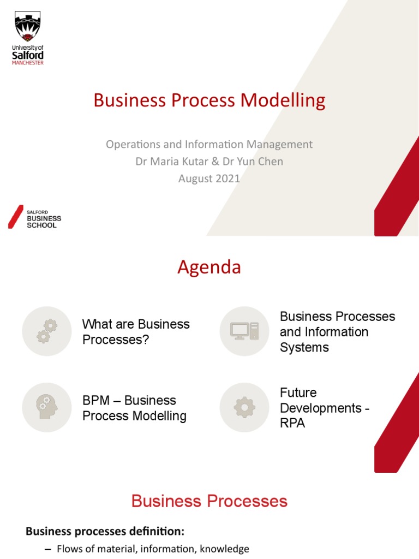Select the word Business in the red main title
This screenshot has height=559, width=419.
(x=128, y=100)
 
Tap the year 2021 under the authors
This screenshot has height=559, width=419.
(x=227, y=178)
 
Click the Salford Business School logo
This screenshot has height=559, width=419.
(x=35, y=217)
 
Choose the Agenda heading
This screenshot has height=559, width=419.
(x=209, y=267)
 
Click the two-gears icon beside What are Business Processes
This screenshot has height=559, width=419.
(x=47, y=331)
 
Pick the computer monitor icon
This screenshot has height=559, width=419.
(x=244, y=331)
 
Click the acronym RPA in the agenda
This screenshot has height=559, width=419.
(x=292, y=423)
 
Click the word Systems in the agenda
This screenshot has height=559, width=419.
(x=304, y=347)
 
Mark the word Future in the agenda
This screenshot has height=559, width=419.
(x=298, y=393)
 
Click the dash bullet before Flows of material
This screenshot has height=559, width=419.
(x=47, y=549)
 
